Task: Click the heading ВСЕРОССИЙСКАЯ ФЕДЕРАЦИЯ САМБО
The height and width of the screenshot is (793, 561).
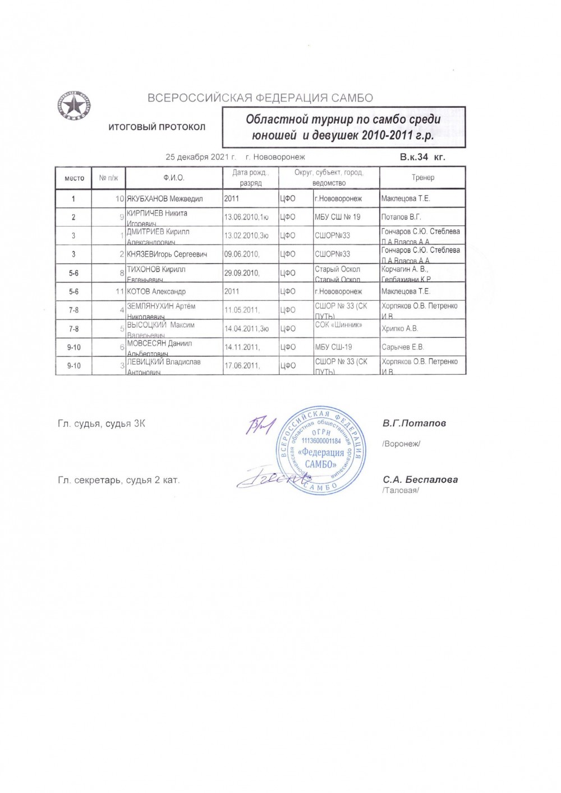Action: [260, 98]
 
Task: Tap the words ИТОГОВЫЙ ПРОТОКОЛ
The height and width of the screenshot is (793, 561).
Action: [157, 127]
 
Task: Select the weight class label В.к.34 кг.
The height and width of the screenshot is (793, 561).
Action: [422, 158]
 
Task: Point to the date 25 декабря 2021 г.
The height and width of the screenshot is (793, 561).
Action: [200, 157]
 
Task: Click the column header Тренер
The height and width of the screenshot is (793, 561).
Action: [422, 178]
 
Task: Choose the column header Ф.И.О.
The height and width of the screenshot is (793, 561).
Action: [174, 178]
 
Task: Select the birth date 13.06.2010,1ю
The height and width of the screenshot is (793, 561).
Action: [246, 217]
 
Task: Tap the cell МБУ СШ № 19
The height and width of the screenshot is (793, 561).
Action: [338, 217]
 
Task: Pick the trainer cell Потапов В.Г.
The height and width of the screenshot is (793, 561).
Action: [401, 217]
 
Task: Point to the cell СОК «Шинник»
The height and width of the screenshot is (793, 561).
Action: [338, 325]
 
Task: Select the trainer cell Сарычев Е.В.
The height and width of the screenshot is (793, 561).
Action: [403, 347]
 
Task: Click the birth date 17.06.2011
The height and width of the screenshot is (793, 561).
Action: [242, 366]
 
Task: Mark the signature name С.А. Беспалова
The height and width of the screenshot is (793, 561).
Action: [420, 480]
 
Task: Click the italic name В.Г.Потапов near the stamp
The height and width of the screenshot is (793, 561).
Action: [414, 423]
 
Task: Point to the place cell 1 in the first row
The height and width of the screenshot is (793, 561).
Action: [73, 199]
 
